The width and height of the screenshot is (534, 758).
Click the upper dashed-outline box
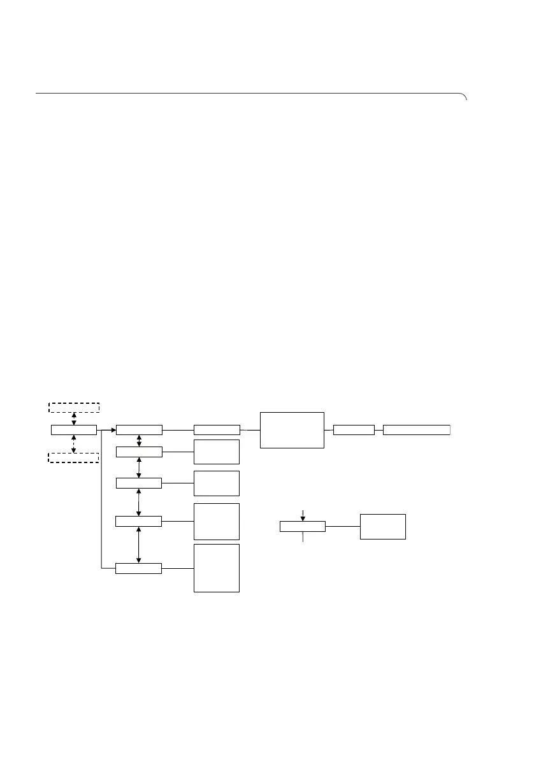74,407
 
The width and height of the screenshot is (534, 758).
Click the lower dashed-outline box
74,457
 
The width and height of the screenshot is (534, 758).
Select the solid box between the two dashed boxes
74,431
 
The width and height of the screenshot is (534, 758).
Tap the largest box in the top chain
292,430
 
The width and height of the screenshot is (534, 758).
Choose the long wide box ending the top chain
417,430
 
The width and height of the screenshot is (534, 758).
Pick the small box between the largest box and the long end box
354,430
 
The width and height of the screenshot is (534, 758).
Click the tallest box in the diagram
217,568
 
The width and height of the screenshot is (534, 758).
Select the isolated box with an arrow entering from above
303,526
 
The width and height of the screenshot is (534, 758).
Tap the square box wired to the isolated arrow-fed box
383,526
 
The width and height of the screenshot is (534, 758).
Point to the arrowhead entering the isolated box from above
303,518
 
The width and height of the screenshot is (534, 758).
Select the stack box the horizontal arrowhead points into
139,431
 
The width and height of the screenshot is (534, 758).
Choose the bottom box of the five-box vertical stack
138,568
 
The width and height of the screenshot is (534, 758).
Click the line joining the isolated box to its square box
343,526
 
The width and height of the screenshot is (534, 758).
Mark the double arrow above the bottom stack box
139,545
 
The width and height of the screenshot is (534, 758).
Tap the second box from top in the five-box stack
139,452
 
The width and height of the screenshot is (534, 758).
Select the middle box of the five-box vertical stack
139,482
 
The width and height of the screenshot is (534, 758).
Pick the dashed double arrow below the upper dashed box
74,418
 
